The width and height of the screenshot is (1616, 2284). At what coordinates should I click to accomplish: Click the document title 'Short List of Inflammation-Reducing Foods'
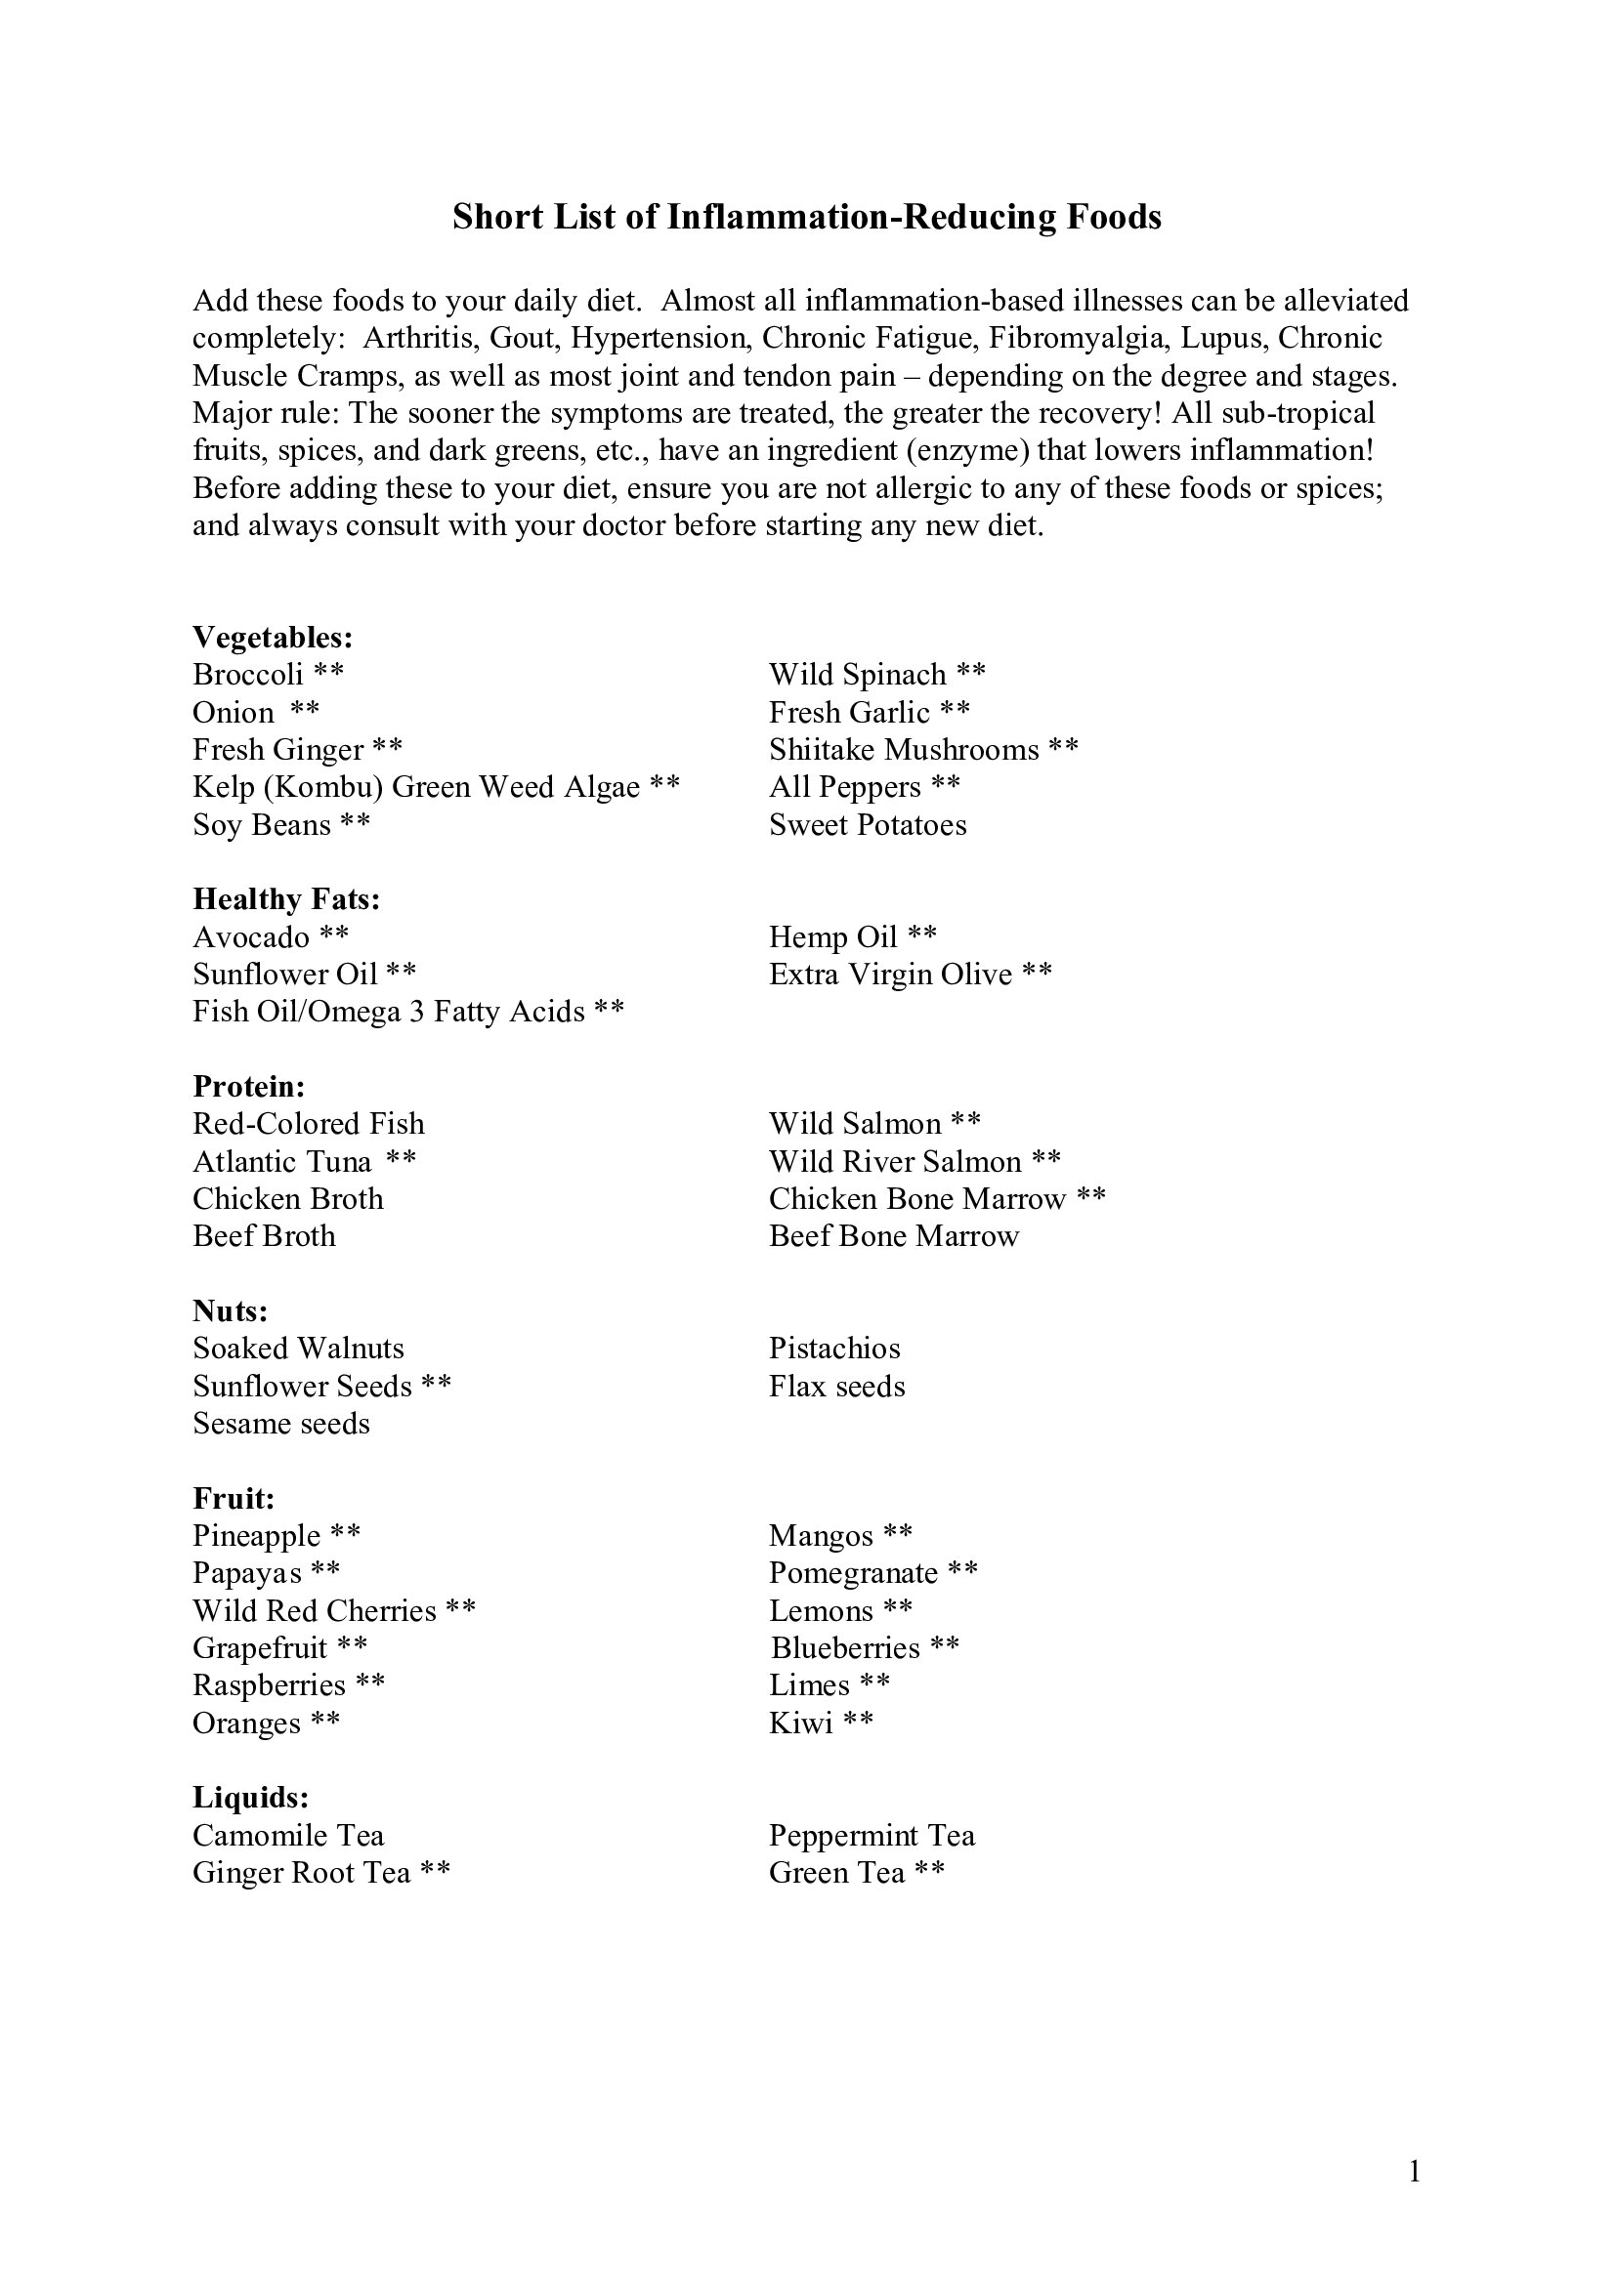[807, 217]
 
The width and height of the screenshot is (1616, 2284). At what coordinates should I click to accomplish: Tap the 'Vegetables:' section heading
[273, 637]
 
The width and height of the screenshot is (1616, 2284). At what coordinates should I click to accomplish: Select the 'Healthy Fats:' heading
[286, 899]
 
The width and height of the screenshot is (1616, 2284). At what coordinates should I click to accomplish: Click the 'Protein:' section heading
[249, 1085]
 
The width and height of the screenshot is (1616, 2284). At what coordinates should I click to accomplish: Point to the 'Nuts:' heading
[230, 1310]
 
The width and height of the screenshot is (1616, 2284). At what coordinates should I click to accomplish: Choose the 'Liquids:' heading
[251, 1798]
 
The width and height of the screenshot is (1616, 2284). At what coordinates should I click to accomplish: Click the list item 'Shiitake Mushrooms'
[904, 749]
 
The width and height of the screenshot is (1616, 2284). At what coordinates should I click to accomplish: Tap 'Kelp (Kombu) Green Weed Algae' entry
[416, 787]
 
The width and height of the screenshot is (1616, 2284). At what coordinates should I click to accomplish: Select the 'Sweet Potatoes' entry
[868, 825]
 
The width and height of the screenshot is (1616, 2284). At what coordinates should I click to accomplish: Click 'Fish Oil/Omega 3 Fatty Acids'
[389, 1012]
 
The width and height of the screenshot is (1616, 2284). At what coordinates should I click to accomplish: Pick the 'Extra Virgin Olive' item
[891, 974]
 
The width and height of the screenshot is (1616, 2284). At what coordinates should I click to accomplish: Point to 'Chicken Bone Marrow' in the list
[917, 1199]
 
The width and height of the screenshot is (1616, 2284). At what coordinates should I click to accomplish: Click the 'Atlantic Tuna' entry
[281, 1161]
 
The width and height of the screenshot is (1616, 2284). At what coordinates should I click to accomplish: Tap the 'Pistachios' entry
[833, 1348]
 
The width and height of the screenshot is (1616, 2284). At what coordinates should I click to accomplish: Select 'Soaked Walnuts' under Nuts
[299, 1348]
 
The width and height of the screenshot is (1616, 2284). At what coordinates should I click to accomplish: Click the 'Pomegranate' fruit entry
[854, 1573]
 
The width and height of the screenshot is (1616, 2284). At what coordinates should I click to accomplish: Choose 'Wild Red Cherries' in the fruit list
[315, 1610]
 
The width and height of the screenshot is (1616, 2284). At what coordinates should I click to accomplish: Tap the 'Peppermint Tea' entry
[872, 1836]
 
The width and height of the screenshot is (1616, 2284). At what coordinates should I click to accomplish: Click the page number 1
[1415, 2172]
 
